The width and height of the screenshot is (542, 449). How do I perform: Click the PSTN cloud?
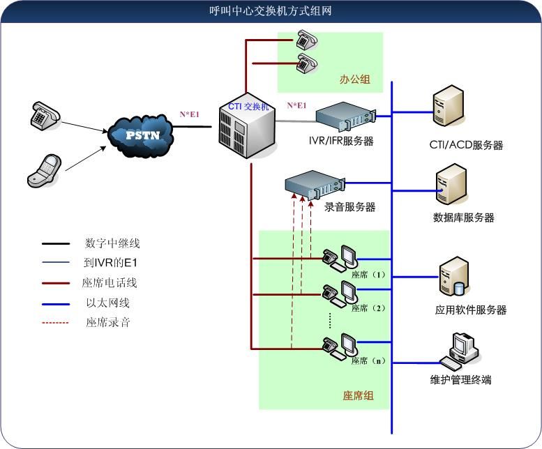143,132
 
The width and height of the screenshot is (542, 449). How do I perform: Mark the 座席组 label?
358,395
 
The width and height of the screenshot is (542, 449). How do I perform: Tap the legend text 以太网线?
108,303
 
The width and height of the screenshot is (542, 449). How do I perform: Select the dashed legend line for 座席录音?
56,323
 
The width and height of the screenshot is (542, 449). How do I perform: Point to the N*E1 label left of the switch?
190,114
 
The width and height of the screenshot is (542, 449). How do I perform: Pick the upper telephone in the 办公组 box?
306,40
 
